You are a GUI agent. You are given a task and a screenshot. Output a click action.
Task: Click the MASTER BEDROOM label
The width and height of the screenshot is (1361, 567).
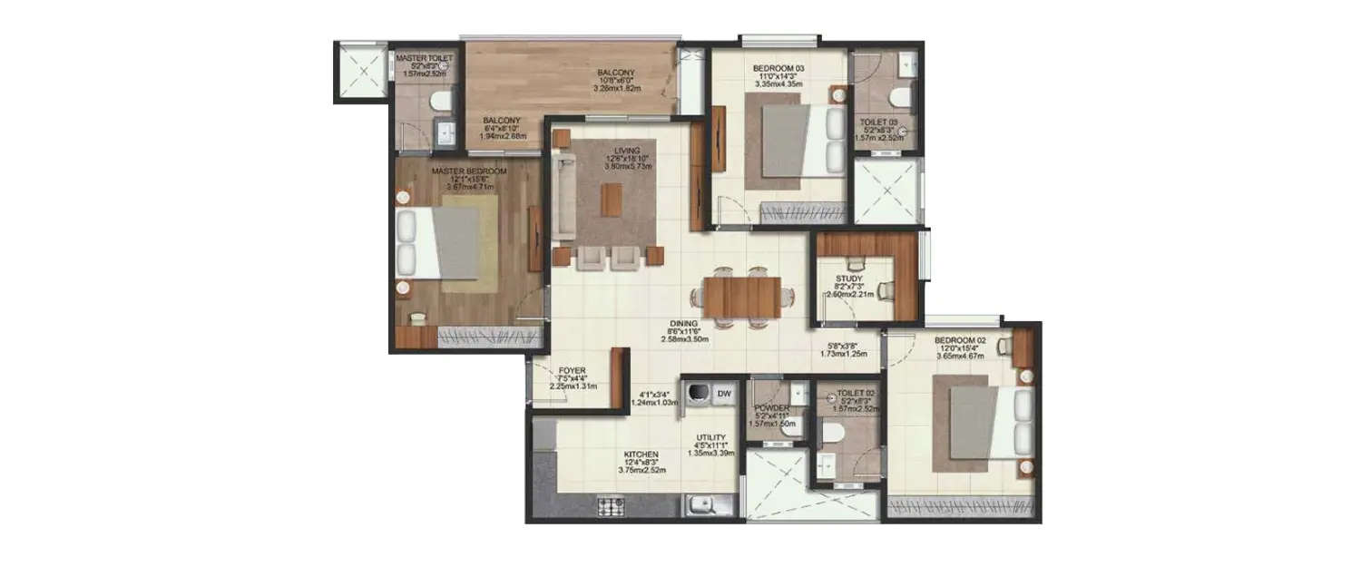469,171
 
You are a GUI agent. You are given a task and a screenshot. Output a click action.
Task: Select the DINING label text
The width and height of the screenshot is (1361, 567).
683,323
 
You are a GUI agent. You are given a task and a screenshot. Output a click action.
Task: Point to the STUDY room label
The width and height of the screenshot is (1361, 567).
849,279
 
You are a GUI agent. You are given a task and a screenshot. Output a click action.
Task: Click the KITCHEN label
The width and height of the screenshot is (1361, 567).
641,455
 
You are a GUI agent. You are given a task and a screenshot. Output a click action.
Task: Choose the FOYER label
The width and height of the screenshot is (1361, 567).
572,370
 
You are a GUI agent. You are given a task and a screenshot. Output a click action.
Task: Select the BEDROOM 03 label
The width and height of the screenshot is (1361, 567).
778,68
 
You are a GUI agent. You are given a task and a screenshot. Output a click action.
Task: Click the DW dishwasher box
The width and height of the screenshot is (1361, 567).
724,394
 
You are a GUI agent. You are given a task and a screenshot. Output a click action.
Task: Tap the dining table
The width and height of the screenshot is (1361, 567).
741,294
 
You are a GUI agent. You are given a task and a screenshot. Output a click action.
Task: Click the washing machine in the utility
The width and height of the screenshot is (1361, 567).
697,395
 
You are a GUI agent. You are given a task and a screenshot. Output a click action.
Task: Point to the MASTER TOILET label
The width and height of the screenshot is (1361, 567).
424,57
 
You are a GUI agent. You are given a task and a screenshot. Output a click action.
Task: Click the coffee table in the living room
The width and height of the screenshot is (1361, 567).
612,200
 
